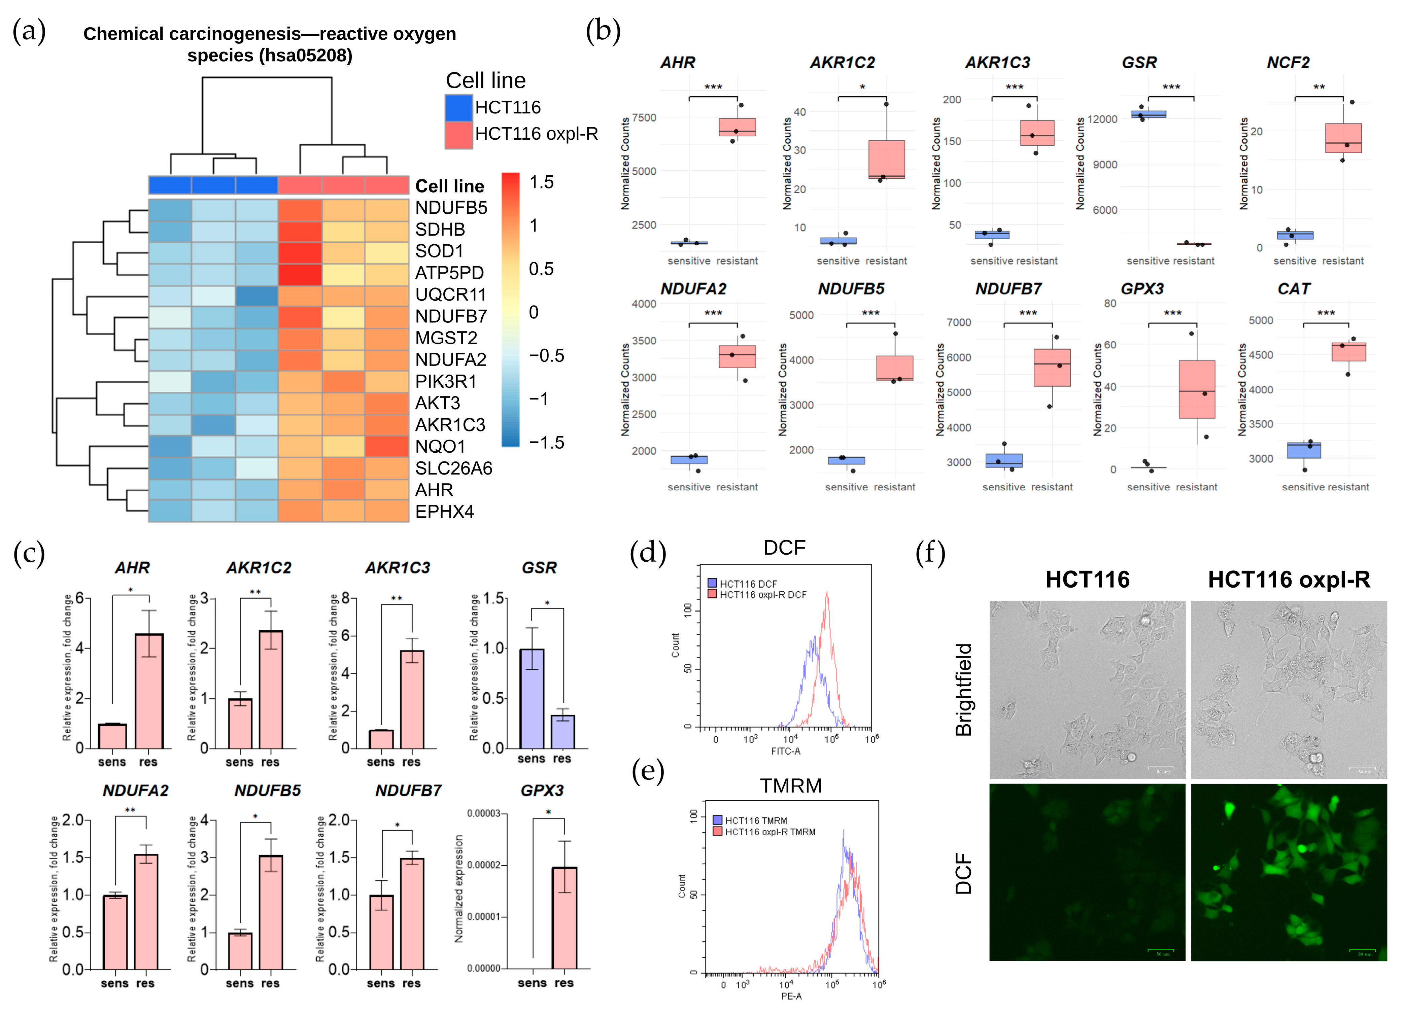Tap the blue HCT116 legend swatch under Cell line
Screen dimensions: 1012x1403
(x=458, y=108)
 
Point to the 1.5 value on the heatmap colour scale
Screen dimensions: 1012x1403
(x=541, y=182)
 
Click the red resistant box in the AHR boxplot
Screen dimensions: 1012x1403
(x=737, y=128)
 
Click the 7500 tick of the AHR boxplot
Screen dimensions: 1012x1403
(x=643, y=117)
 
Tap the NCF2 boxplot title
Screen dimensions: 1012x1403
(x=1288, y=63)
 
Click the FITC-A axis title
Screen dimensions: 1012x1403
(x=786, y=751)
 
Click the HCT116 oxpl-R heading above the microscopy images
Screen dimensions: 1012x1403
(x=1289, y=580)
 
